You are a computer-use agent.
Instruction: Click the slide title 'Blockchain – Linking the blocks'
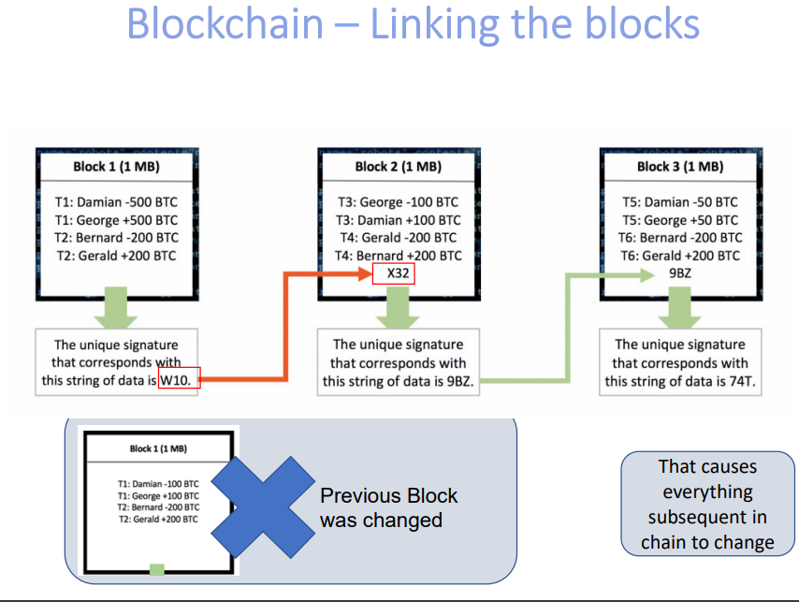413,23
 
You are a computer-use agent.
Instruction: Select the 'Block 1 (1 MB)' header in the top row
116,167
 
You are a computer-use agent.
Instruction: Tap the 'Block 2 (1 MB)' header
398,167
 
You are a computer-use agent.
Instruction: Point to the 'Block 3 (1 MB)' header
680,167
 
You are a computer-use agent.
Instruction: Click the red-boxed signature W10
178,380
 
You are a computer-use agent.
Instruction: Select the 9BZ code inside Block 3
680,273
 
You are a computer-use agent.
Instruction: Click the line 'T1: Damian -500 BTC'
116,201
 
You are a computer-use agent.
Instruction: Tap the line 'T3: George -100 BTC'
398,201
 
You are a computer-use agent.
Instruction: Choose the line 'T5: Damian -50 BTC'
680,201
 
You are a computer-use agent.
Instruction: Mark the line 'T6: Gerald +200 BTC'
680,256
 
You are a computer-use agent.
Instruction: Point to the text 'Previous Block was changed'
388,507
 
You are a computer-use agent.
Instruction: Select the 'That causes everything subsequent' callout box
707,504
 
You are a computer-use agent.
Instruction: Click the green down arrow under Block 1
116,305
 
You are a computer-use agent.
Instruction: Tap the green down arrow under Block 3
680,305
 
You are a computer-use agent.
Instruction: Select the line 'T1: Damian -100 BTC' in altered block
157,482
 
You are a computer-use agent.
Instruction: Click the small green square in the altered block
157,568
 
